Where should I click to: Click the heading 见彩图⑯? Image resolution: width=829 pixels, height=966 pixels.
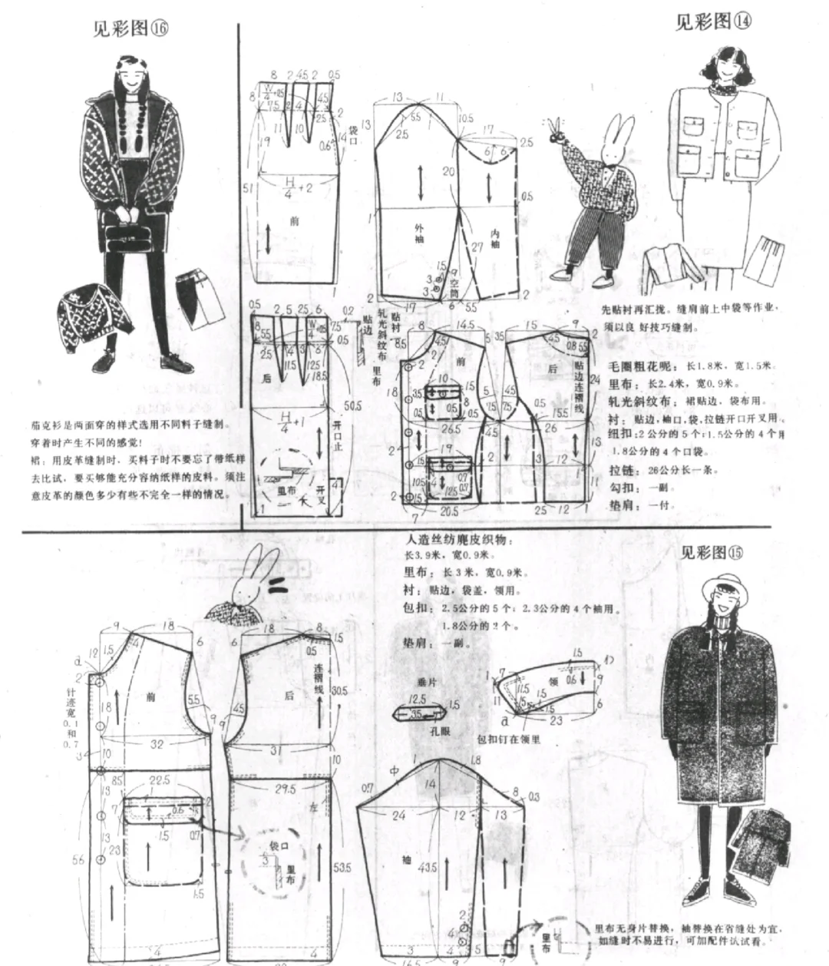[x=130, y=28]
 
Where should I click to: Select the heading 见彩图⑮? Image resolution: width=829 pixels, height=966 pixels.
[x=713, y=552]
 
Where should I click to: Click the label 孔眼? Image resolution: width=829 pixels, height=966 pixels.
[x=440, y=732]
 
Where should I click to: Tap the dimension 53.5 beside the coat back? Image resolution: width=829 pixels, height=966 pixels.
[x=344, y=867]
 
